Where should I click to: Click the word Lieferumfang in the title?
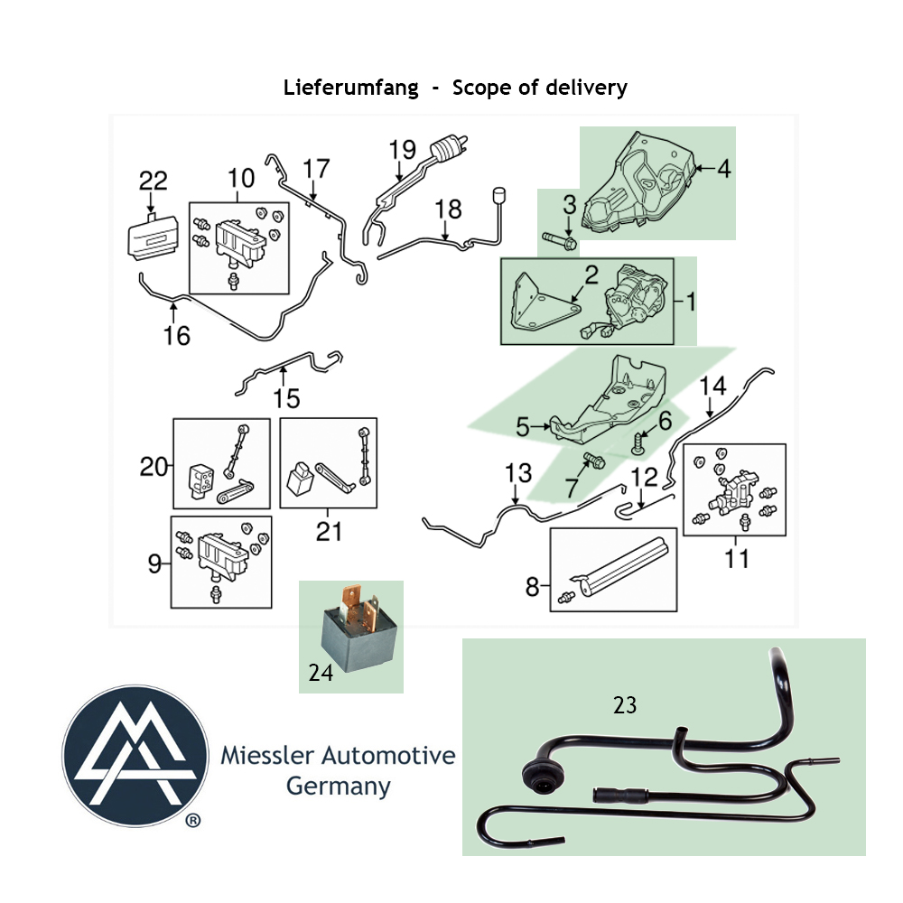point(350,88)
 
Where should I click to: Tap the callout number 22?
point(154,181)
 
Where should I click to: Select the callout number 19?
point(402,150)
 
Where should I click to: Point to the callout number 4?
point(723,169)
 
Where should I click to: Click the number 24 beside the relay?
point(321,672)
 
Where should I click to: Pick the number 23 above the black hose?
point(625,705)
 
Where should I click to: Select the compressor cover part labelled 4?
point(639,183)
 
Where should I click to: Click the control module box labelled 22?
point(153,236)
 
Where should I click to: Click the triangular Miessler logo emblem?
point(135,756)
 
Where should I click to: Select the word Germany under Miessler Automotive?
point(338,787)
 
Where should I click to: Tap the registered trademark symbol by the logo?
point(193,821)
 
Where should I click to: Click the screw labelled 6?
point(637,443)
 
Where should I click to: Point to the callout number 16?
point(176,336)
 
